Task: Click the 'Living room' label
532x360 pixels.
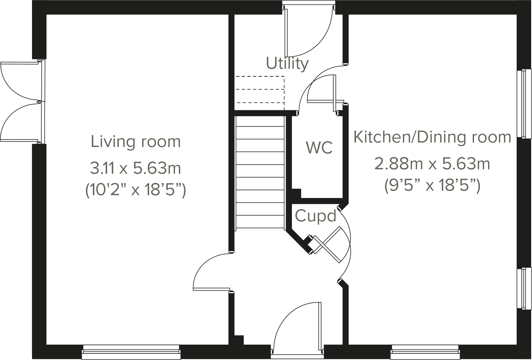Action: click(x=136, y=142)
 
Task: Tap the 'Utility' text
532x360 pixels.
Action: click(x=287, y=63)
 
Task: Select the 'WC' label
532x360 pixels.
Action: click(x=319, y=148)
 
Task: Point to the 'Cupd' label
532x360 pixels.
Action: click(x=316, y=215)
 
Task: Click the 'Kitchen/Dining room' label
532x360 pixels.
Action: click(x=432, y=137)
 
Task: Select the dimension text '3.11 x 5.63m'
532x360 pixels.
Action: click(x=136, y=168)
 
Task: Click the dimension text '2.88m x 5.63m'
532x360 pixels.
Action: click(x=432, y=164)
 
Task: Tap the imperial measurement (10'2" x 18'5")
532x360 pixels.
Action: click(x=136, y=190)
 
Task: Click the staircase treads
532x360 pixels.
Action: click(x=260, y=173)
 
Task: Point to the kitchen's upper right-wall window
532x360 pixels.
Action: click(x=523, y=104)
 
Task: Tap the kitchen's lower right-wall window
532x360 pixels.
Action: click(x=523, y=288)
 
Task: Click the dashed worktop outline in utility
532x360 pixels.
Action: click(x=260, y=89)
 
